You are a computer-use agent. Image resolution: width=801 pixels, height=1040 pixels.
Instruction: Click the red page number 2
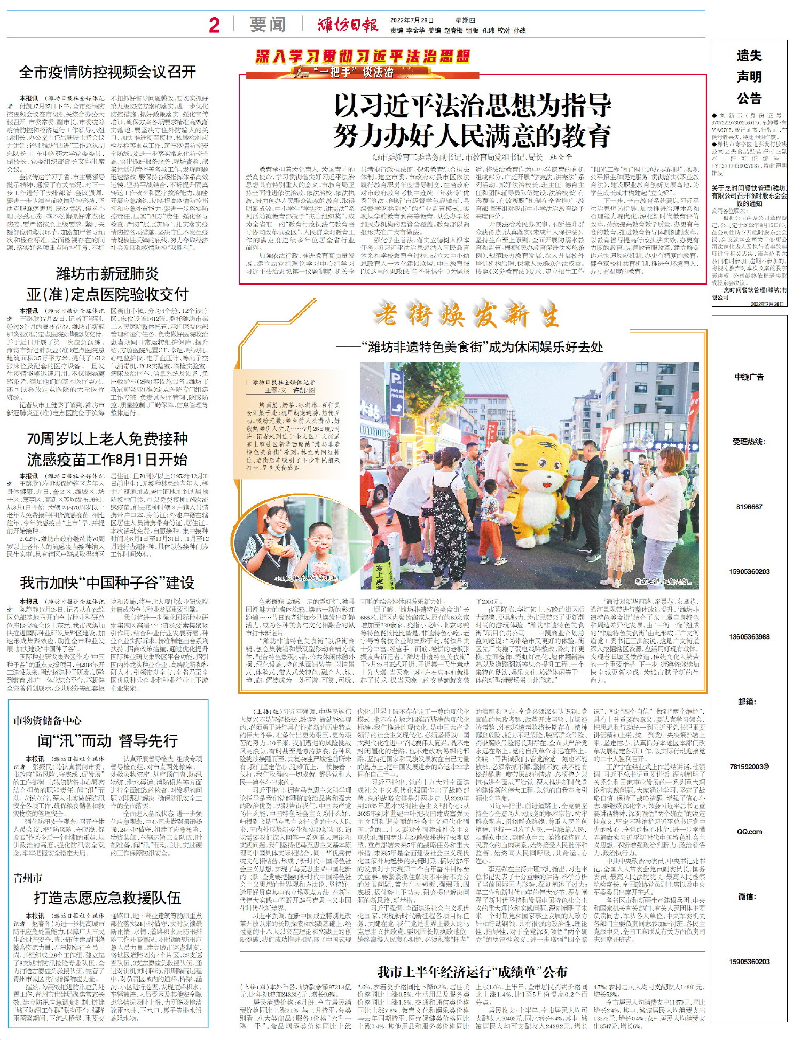(x=214, y=25)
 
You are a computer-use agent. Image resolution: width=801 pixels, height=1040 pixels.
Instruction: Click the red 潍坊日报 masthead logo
(x=348, y=25)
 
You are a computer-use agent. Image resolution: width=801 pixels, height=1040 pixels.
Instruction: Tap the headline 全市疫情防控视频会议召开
(x=107, y=72)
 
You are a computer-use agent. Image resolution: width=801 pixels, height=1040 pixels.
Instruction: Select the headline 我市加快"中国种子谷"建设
(x=107, y=582)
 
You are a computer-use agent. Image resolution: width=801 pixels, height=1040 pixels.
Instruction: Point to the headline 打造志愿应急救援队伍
(x=107, y=897)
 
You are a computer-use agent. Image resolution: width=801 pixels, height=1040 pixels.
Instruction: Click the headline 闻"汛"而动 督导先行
(x=107, y=740)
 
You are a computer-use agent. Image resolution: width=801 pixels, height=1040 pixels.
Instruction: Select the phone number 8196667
(x=749, y=507)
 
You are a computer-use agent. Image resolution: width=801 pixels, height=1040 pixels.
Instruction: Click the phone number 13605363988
(x=749, y=636)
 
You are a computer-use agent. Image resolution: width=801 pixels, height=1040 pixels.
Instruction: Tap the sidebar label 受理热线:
(x=749, y=442)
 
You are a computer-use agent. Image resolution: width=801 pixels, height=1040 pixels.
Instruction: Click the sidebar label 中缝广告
(x=749, y=377)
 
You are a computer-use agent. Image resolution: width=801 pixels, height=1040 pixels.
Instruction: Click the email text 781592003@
(x=749, y=767)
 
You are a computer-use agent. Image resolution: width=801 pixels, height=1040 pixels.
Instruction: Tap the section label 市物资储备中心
(x=48, y=721)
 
